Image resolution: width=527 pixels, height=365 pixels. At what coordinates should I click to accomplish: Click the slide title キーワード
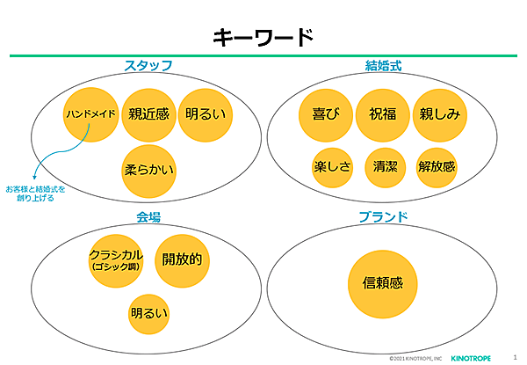pos(263,37)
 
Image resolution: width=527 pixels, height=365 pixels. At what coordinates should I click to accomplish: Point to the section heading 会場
pos(148,216)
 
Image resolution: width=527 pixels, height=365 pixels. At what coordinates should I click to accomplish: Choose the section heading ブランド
pos(384,216)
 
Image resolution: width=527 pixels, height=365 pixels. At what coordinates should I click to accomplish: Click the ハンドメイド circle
pos(90,114)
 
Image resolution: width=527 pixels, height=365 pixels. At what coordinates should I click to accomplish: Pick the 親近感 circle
pos(148,114)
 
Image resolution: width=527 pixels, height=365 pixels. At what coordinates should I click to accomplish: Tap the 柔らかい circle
pos(150,168)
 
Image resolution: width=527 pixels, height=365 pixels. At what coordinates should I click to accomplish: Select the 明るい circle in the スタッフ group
pos(206,114)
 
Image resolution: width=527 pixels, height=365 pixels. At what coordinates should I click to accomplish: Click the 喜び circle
pos(325,114)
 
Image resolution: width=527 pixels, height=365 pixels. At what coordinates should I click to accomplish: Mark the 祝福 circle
pos(383,114)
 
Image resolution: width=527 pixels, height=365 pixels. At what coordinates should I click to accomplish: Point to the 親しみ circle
pos(439,114)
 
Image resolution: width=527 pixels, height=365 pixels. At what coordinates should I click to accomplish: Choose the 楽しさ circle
pos(332,167)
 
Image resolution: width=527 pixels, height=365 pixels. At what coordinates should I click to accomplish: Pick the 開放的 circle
pos(182,259)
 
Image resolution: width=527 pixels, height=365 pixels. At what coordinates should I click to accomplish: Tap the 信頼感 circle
pos(383,282)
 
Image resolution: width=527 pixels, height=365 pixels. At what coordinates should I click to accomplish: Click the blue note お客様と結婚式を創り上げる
pos(35,193)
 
